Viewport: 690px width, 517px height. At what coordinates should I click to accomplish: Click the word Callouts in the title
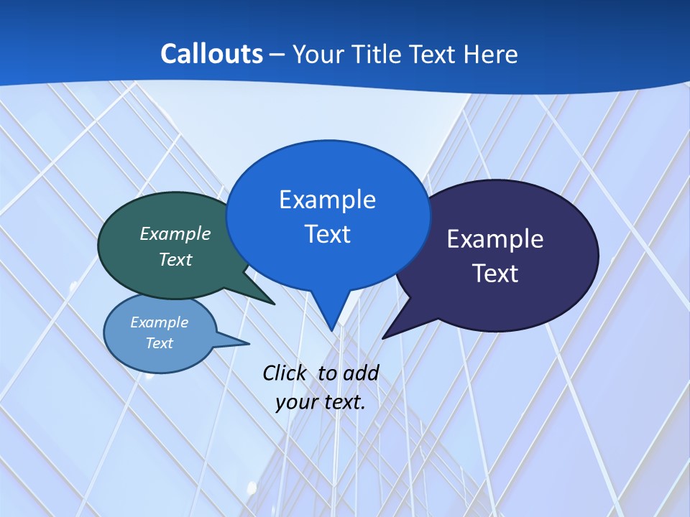tap(211, 54)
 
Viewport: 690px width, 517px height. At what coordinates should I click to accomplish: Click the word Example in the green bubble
tap(175, 233)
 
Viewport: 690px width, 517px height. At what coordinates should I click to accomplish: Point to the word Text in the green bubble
tap(175, 259)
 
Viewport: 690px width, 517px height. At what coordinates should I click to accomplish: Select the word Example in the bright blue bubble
tap(327, 199)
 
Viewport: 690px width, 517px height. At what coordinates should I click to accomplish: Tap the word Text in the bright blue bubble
tap(327, 233)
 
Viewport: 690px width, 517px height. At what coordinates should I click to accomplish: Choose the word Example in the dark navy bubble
tap(495, 238)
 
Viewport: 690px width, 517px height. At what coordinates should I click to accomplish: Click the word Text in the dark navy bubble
tap(495, 273)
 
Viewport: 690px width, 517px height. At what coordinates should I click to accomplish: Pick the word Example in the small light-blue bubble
tap(160, 322)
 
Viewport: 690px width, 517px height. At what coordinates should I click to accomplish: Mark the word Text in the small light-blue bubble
tap(160, 343)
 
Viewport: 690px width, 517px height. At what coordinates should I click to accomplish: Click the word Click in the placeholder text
tap(285, 373)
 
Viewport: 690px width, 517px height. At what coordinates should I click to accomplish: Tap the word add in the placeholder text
tap(360, 373)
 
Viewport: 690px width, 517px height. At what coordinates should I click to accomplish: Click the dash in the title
tap(277, 54)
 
